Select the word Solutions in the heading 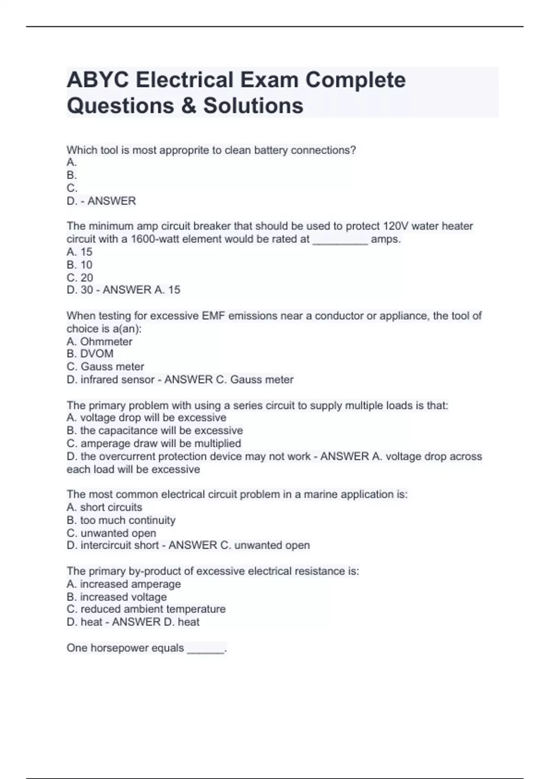point(253,105)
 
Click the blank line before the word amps point(340,240)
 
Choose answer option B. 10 point(79,264)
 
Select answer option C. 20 point(80,277)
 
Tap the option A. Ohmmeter point(99,341)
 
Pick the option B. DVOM point(90,354)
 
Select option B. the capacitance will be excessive point(154,430)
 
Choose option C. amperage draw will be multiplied point(154,443)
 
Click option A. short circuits point(104,507)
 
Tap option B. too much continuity point(121,520)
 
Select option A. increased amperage point(123,584)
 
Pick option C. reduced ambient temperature point(146,609)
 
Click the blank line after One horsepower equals point(206,649)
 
